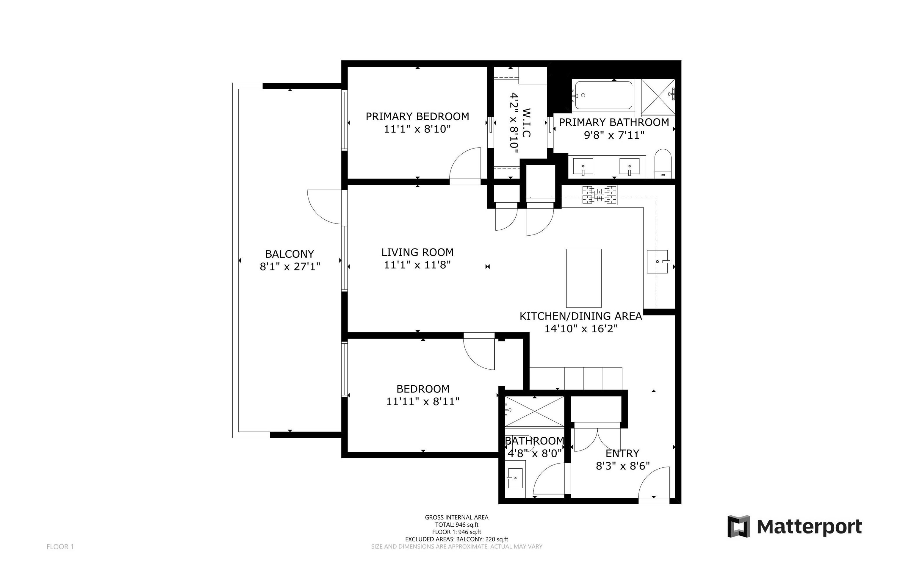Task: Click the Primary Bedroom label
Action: point(417,116)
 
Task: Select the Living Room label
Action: point(417,252)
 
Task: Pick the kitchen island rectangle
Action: point(584,278)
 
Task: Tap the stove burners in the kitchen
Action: point(599,195)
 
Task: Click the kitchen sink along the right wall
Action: point(657,261)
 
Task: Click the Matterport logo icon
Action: point(738,526)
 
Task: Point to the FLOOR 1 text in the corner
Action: point(60,547)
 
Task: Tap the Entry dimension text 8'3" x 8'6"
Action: point(622,466)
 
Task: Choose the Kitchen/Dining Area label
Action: point(581,316)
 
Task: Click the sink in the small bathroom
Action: point(515,478)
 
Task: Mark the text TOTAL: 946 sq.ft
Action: point(456,525)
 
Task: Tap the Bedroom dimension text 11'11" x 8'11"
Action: point(422,401)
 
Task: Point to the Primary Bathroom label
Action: point(614,122)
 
